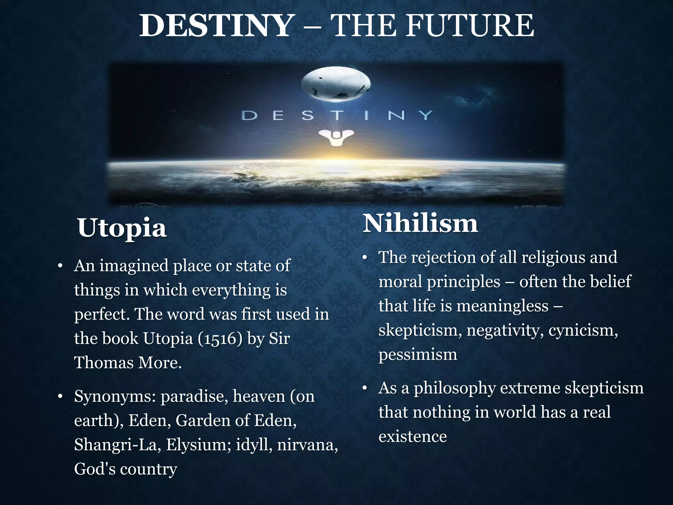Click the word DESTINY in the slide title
pos(216,26)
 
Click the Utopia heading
pos(122,228)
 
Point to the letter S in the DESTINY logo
pos(308,116)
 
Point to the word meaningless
pos(502,306)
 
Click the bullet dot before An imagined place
pos(59,266)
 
